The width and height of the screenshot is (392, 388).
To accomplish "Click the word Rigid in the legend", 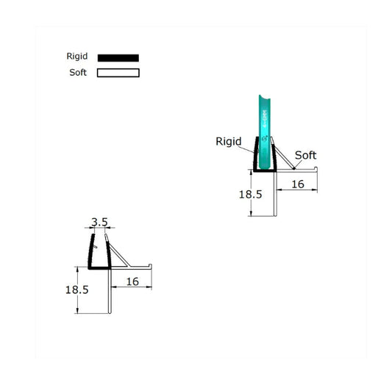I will (x=76, y=57).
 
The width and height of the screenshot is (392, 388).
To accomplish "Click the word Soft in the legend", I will (x=78, y=73).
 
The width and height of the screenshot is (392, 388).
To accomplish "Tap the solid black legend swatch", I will (x=118, y=57).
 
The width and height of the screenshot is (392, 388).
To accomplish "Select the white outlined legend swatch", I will (x=118, y=73).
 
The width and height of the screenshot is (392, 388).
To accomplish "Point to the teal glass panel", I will (x=264, y=125).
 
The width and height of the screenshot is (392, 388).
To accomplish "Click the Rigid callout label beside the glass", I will (x=228, y=142).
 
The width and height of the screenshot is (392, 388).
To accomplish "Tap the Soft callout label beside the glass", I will (x=306, y=155).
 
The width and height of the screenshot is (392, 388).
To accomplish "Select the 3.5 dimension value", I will (x=99, y=220).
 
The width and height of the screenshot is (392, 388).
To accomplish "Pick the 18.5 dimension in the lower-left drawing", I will (x=76, y=290).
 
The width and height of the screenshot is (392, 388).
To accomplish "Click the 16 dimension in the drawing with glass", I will (x=298, y=184).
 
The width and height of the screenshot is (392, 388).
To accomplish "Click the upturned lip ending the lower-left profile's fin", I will (x=151, y=264).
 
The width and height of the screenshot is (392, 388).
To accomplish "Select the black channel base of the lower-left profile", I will (x=99, y=268).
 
